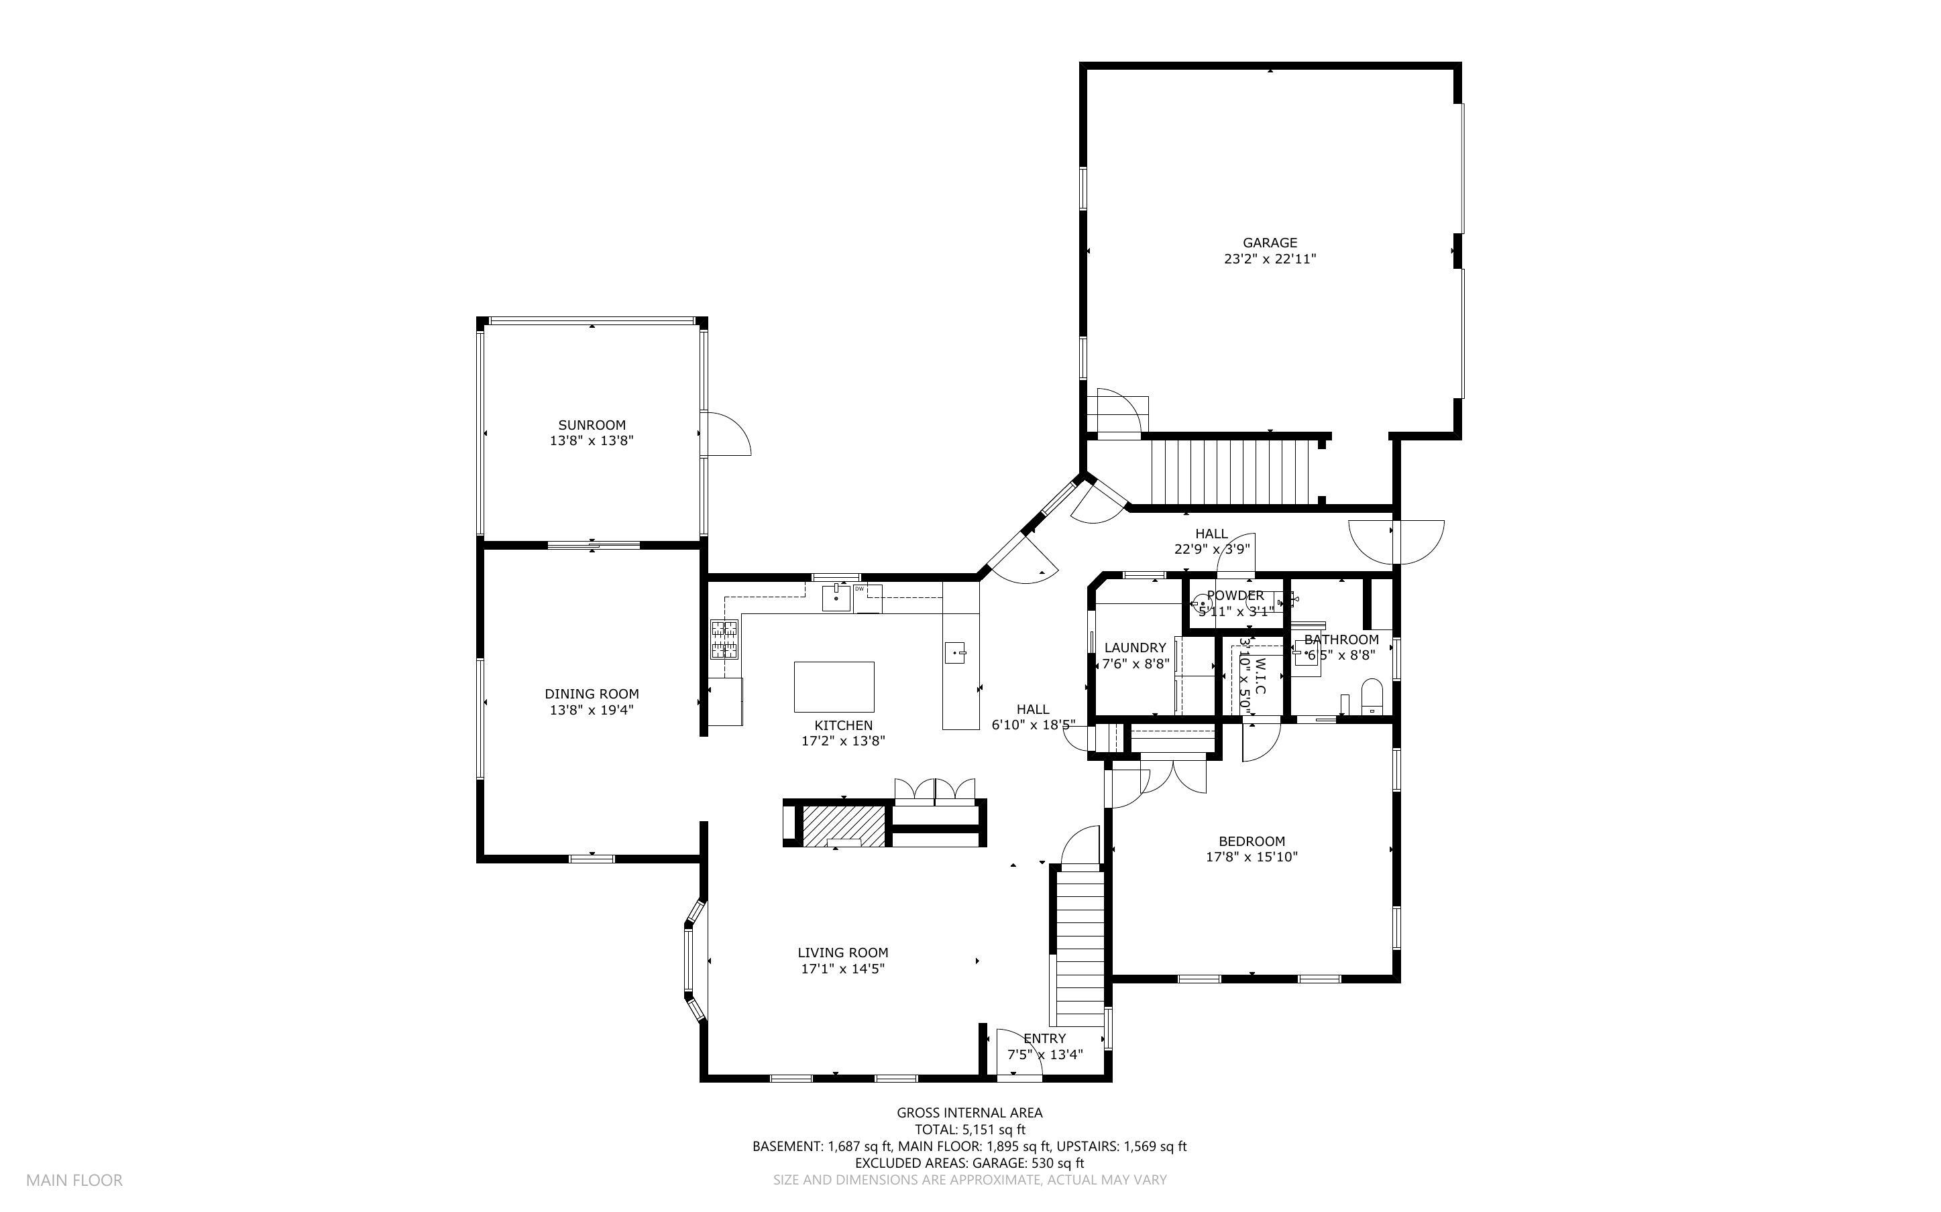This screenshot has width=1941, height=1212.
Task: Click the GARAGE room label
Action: (1269, 243)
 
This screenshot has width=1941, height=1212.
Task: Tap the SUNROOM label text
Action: (592, 425)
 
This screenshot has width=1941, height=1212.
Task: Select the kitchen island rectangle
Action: (834, 686)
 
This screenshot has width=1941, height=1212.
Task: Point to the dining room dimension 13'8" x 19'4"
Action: (592, 709)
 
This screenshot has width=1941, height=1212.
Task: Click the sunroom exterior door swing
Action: (727, 434)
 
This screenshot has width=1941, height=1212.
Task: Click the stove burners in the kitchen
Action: (724, 640)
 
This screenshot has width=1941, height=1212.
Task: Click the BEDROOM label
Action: (1252, 841)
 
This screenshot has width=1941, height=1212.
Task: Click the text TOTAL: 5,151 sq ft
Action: (969, 1130)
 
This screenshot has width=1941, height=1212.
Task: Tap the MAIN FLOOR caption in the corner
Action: (74, 1180)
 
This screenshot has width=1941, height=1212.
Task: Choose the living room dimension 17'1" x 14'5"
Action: (842, 968)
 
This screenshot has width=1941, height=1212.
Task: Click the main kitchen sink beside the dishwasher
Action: (837, 598)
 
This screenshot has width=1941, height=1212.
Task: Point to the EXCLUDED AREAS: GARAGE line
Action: (969, 1163)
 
